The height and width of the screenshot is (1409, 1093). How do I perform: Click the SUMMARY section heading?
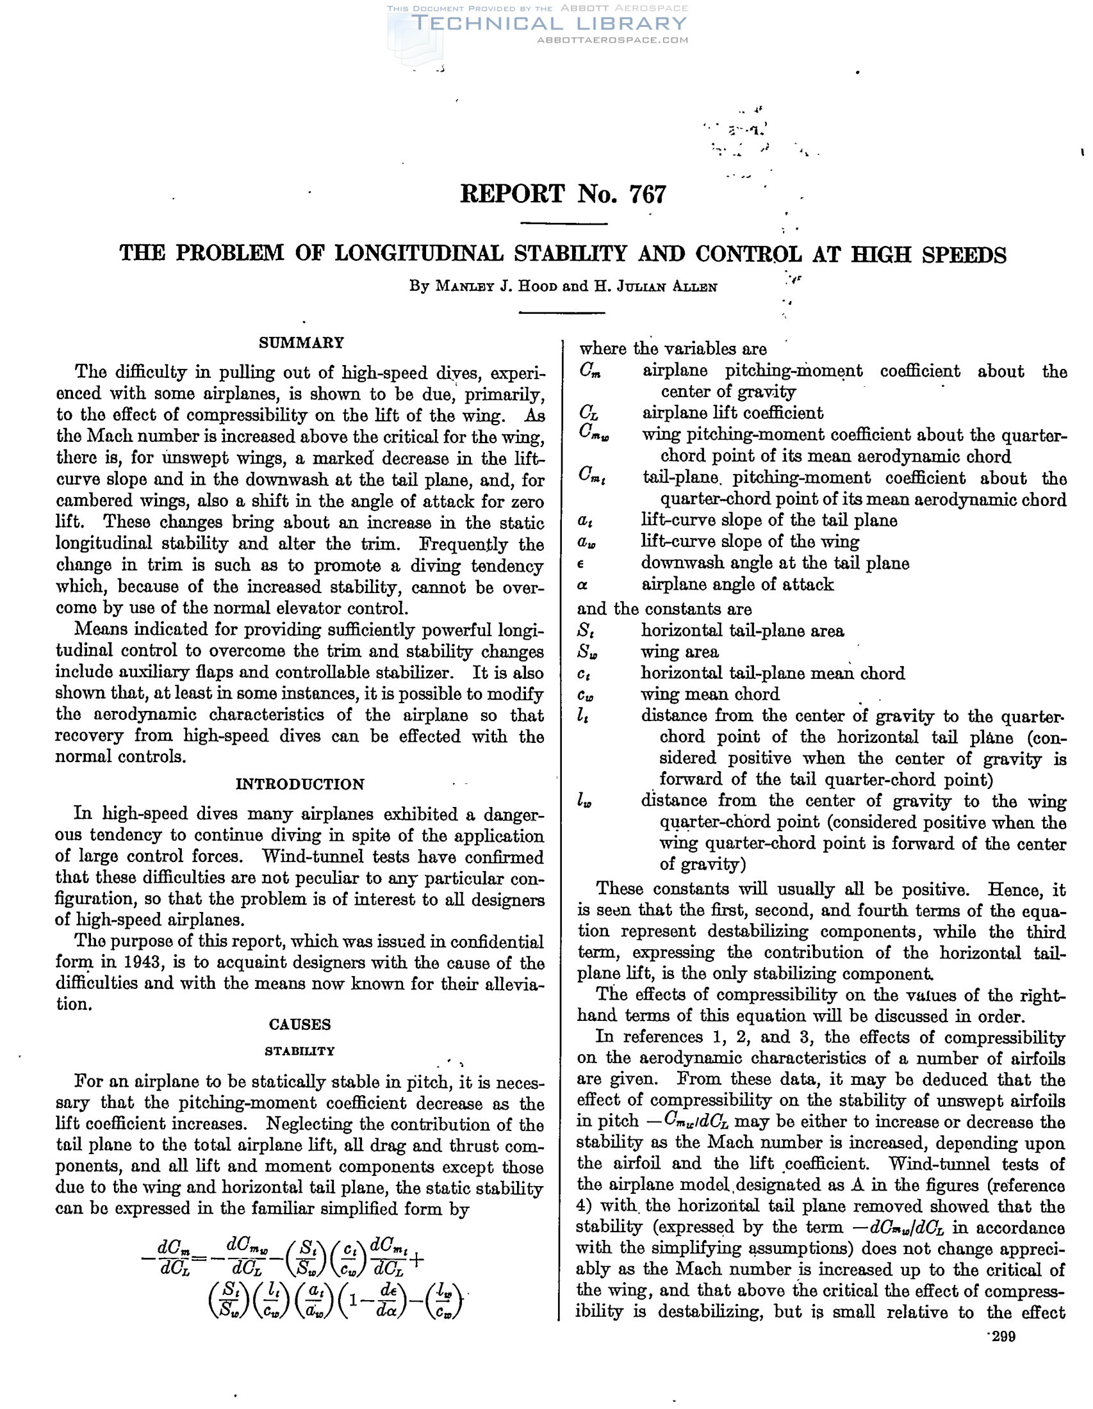[x=301, y=343]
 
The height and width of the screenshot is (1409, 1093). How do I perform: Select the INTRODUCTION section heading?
[x=300, y=784]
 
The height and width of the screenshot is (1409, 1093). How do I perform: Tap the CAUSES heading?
[x=300, y=1025]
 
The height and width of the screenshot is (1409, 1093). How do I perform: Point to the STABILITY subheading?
[x=300, y=1051]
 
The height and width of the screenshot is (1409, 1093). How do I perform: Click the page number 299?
[x=1004, y=1336]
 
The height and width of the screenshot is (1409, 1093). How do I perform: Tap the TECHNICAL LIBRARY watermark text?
[x=548, y=24]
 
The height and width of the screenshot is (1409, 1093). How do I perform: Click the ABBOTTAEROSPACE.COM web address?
[x=612, y=40]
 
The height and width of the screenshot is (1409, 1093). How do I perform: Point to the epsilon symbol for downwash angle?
[x=580, y=564]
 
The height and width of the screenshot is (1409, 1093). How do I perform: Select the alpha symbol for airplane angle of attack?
[x=581, y=585]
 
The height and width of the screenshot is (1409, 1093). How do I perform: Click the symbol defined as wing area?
[x=586, y=652]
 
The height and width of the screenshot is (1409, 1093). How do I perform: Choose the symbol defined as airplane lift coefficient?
[x=588, y=413]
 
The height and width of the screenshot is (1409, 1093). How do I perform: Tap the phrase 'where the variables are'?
[x=673, y=349]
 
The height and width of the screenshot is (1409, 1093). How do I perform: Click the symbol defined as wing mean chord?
[x=586, y=695]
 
